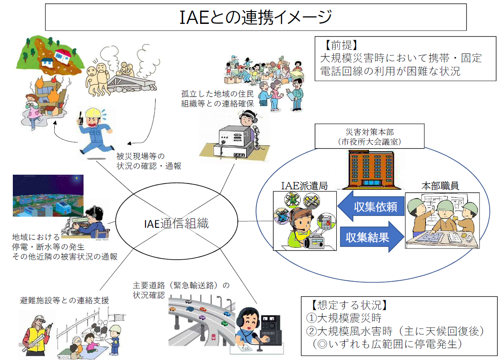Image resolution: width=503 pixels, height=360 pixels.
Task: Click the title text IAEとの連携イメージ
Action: [x=255, y=17]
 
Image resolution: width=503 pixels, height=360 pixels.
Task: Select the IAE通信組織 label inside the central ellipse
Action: [x=176, y=223]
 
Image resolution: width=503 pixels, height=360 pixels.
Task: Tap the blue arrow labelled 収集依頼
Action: [x=371, y=206]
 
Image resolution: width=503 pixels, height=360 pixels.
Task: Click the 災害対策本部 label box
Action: [x=370, y=136]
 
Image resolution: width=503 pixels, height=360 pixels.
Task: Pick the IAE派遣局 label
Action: [x=304, y=186]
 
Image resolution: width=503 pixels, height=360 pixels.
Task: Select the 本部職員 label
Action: [x=440, y=186]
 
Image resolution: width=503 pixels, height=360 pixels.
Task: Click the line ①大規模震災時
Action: [x=344, y=318]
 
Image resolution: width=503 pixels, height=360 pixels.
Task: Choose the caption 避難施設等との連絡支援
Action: [x=64, y=300]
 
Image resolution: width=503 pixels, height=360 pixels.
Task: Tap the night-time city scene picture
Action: [x=48, y=195]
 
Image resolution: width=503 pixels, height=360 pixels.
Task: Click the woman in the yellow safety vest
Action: [x=36, y=335]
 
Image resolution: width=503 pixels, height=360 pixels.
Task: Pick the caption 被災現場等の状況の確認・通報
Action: [x=149, y=161]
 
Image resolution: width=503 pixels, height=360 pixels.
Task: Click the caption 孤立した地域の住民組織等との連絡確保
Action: [x=217, y=99]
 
